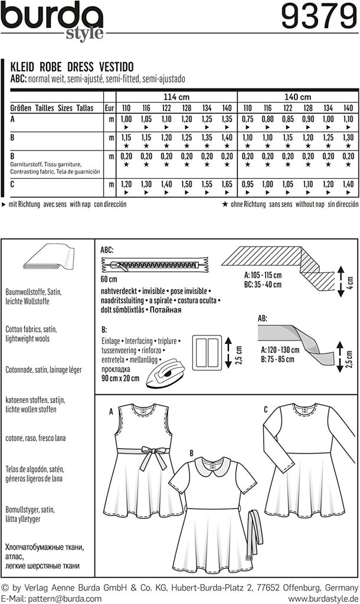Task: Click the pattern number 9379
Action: point(316,18)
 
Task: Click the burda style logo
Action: point(53,20)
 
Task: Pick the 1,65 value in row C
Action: point(224,183)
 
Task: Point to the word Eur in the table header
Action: point(109,108)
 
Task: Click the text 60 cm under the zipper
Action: point(110,278)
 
